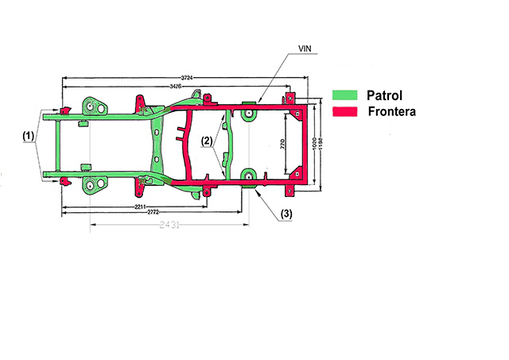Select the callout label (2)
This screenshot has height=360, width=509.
coord(208,141)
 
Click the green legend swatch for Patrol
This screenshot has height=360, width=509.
coord(347,96)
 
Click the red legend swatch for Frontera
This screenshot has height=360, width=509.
coord(347,112)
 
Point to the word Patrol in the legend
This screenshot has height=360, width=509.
coord(385,96)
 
